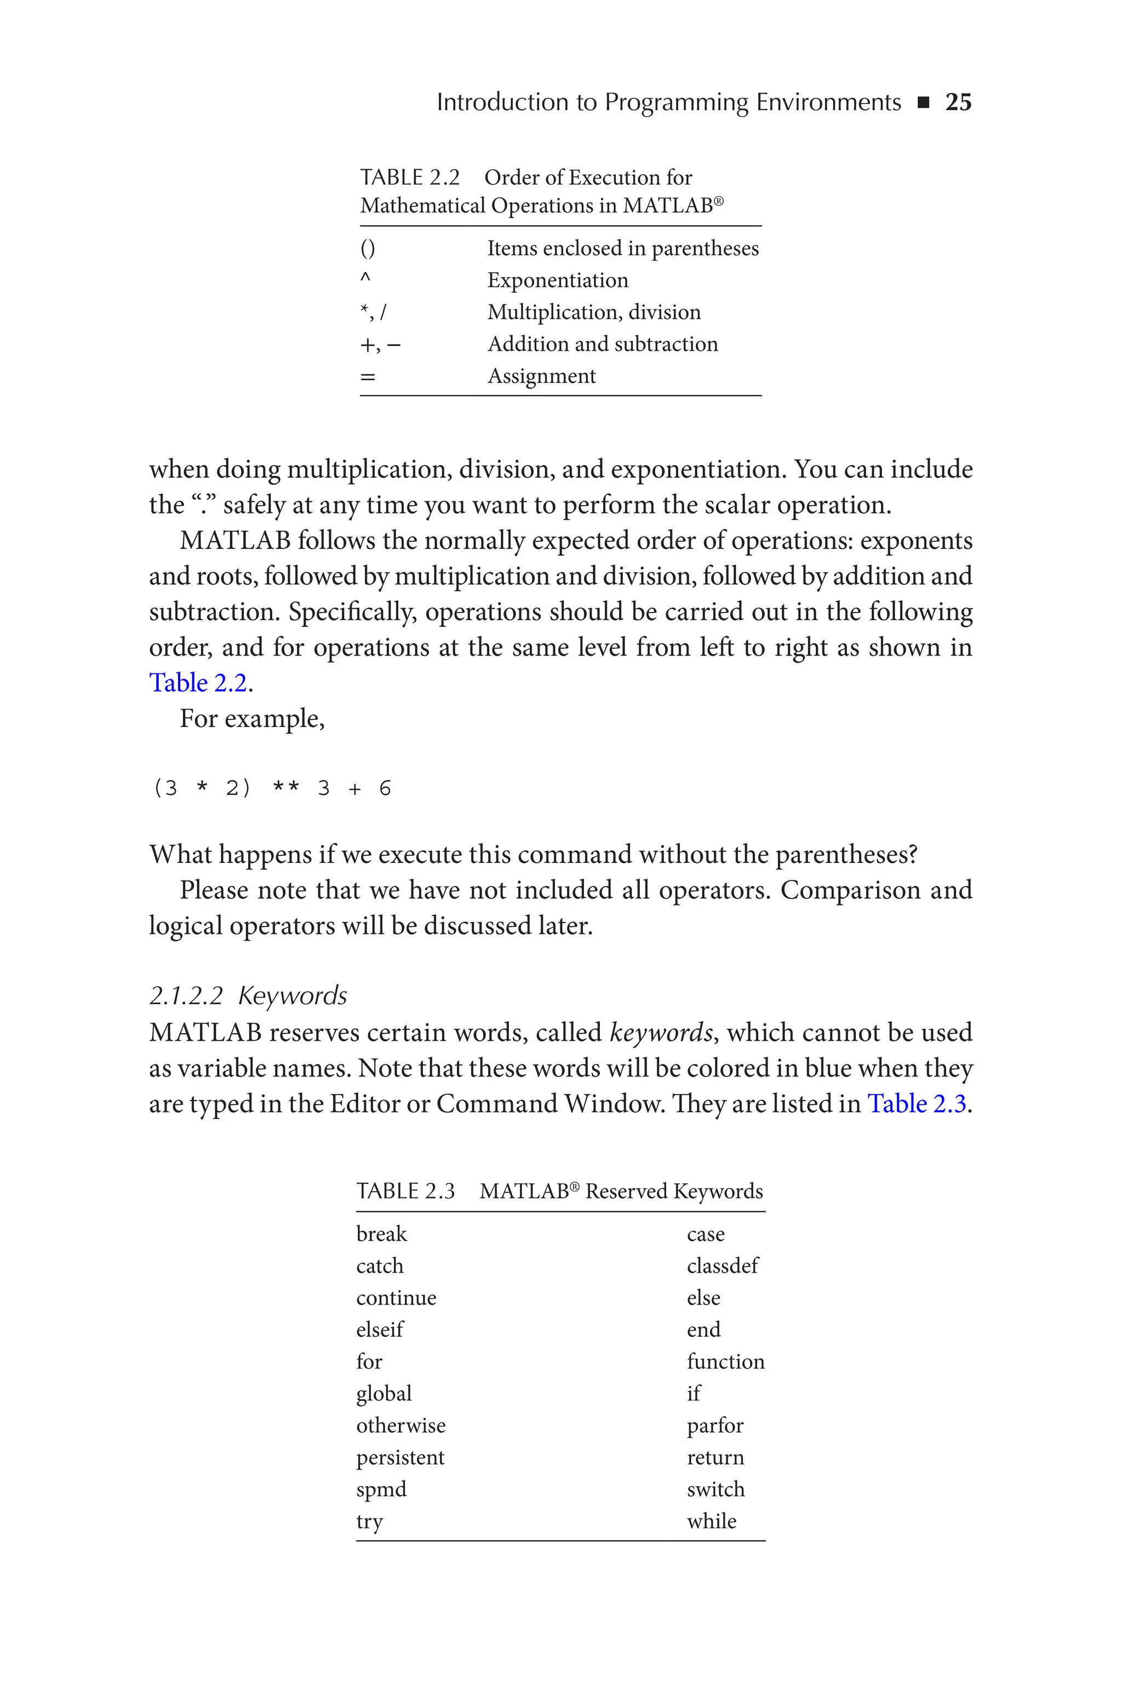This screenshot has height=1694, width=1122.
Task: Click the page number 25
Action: pyautogui.click(x=958, y=102)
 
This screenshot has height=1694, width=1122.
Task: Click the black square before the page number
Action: pyautogui.click(x=923, y=103)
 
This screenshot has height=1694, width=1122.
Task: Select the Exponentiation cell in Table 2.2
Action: pyautogui.click(x=557, y=281)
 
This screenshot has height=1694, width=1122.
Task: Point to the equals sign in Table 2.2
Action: pyautogui.click(x=367, y=377)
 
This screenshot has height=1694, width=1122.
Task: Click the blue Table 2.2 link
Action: pyautogui.click(x=198, y=683)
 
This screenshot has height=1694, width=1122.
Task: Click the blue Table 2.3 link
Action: pyautogui.click(x=917, y=1104)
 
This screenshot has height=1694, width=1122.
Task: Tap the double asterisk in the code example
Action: pyautogui.click(x=286, y=788)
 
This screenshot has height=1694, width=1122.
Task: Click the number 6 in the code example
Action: pyautogui.click(x=385, y=788)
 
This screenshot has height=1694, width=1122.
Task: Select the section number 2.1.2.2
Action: pyautogui.click(x=186, y=996)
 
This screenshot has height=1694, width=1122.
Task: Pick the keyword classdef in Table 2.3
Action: pyautogui.click(x=722, y=1266)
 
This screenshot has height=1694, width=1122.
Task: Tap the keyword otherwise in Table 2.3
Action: pyautogui.click(x=400, y=1426)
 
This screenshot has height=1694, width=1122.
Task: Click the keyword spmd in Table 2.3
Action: pyautogui.click(x=381, y=1490)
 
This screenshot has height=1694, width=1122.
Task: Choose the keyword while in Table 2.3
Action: pyautogui.click(x=711, y=1521)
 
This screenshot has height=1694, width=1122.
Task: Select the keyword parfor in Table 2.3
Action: pyautogui.click(x=715, y=1426)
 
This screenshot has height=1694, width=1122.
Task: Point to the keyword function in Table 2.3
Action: pyautogui.click(x=725, y=1361)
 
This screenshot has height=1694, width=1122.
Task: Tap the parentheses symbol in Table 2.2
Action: pyautogui.click(x=367, y=249)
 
